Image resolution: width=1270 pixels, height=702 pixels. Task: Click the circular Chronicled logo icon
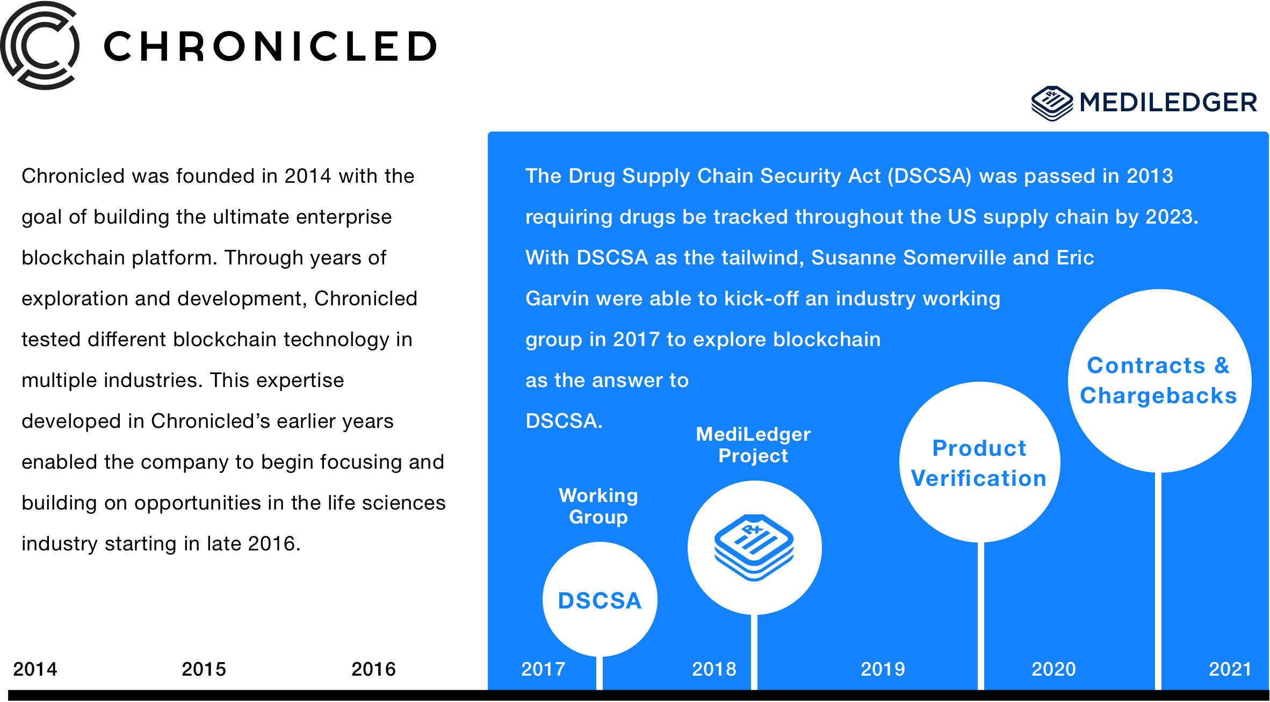(x=40, y=46)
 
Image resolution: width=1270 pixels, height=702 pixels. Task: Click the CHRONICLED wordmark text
(x=270, y=46)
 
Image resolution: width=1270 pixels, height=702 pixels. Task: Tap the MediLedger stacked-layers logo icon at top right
(x=1052, y=103)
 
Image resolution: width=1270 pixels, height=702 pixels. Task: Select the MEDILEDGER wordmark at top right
(x=1168, y=102)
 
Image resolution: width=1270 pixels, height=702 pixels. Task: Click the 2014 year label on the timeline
(x=35, y=669)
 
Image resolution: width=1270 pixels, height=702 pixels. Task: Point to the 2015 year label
(x=204, y=669)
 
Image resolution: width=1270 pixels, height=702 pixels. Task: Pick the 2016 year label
(x=373, y=669)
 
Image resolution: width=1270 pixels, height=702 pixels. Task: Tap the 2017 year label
(x=543, y=669)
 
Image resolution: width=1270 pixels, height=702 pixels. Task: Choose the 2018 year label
(x=714, y=669)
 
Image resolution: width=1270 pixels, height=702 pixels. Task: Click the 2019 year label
(x=883, y=669)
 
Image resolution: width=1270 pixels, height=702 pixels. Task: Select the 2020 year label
(x=1053, y=669)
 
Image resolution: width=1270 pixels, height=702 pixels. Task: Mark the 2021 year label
(x=1230, y=669)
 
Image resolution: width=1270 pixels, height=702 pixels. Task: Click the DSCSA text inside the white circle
(x=600, y=601)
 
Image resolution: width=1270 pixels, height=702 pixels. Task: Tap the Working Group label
(x=598, y=506)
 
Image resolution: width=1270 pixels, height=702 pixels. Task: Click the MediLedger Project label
(x=753, y=445)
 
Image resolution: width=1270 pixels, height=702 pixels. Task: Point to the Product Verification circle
(x=979, y=462)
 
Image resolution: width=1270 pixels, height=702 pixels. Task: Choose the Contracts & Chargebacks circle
(x=1159, y=381)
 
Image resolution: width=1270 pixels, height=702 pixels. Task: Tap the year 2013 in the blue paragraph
(x=1150, y=176)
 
